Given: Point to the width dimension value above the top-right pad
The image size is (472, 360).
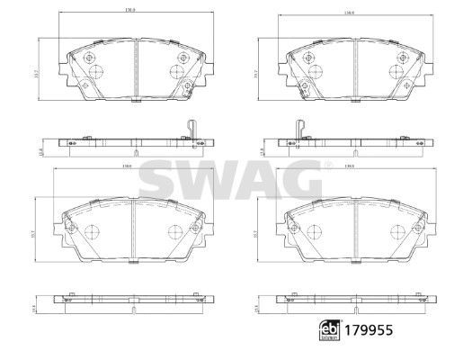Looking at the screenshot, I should tap(351, 12).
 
